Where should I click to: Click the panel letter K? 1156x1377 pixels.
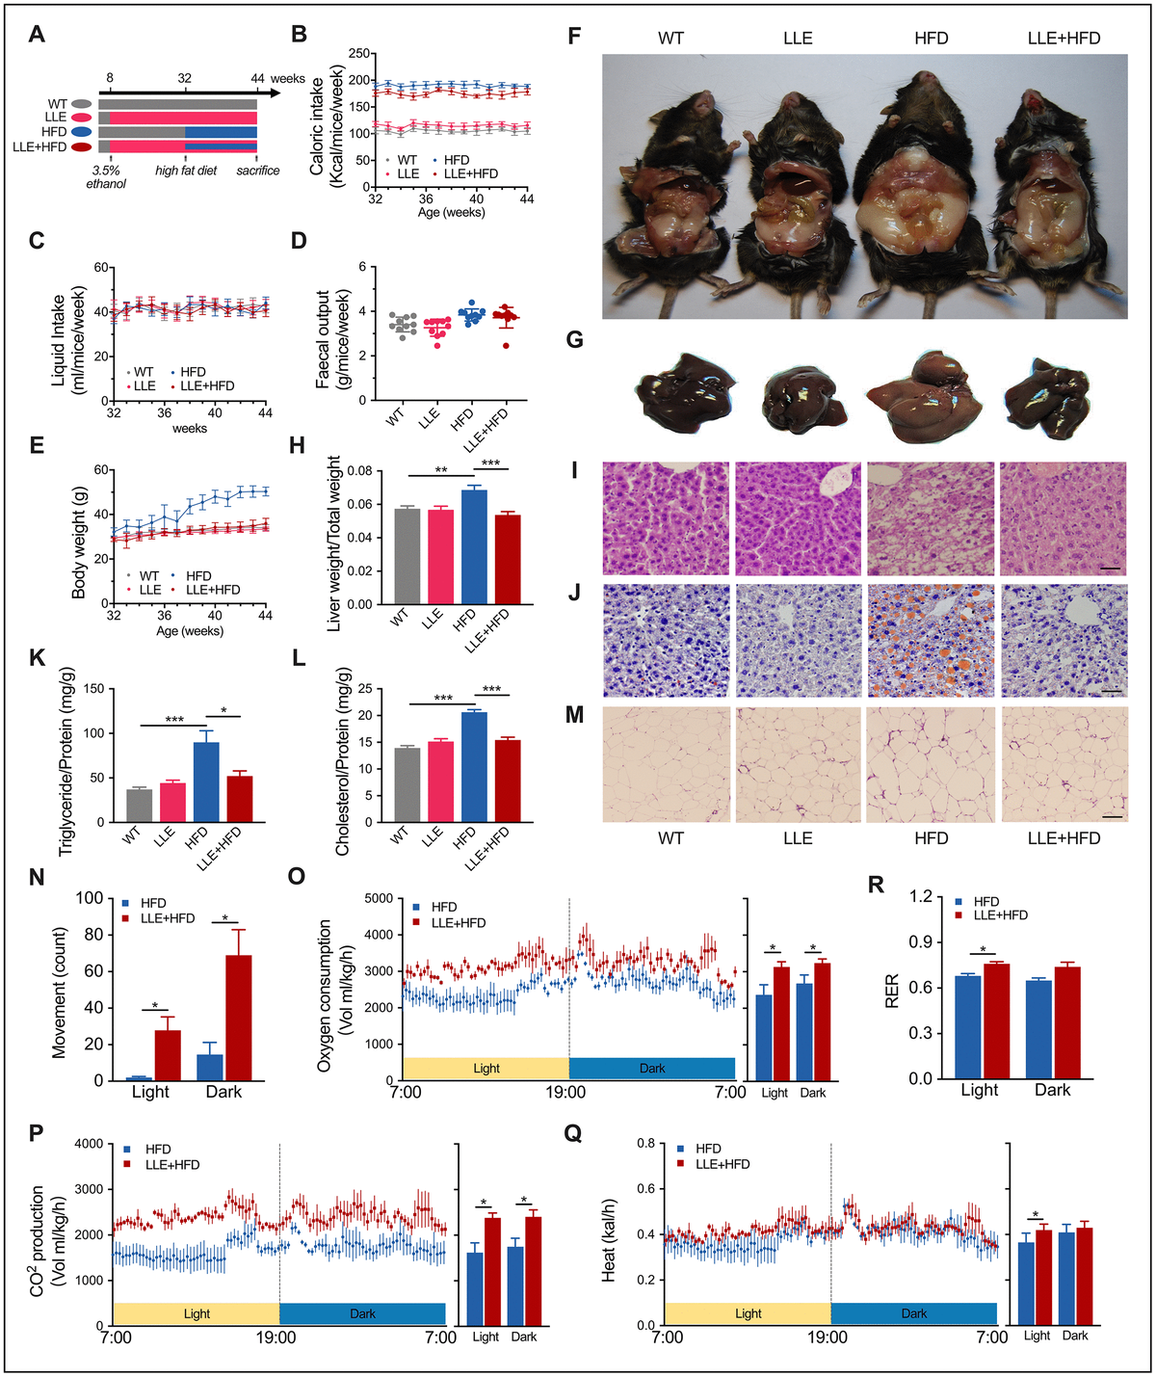click(38, 658)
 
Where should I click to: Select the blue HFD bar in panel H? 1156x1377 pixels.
click(474, 546)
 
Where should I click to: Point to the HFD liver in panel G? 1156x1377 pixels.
click(925, 398)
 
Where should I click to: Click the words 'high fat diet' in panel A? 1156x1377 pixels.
click(186, 171)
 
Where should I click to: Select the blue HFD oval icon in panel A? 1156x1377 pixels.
click(82, 132)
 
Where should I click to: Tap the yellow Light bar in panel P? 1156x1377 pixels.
click(197, 1313)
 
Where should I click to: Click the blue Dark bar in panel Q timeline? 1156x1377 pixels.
click(913, 1313)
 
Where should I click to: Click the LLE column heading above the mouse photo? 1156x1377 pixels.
click(798, 39)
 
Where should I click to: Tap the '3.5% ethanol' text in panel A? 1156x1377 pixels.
click(106, 177)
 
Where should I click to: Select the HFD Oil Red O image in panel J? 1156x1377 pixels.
click(931, 640)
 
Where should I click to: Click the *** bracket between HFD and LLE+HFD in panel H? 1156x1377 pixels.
click(490, 465)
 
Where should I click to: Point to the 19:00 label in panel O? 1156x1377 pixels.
click(565, 1092)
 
